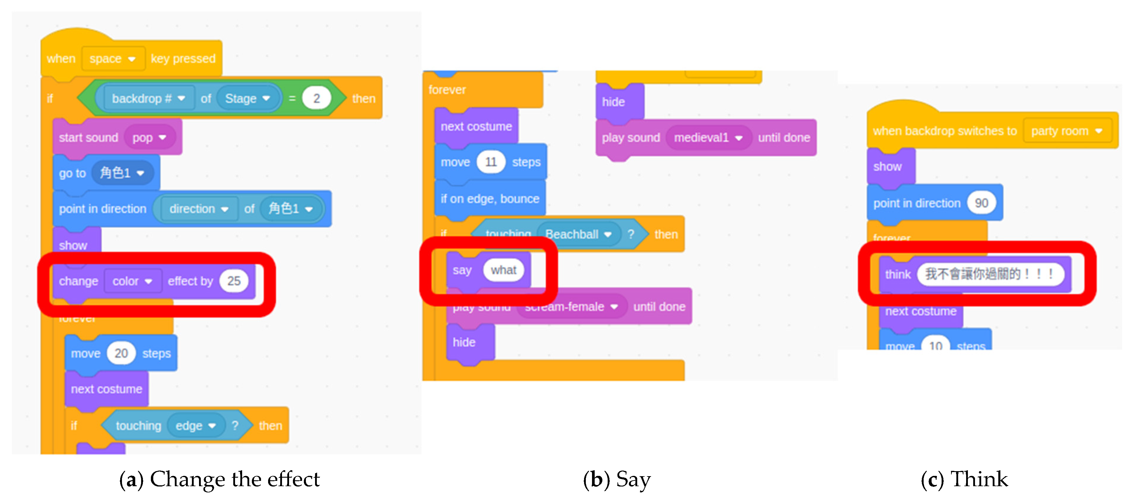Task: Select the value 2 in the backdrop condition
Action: click(x=316, y=99)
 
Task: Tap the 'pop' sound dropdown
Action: click(x=149, y=138)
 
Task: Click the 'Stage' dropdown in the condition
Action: click(x=247, y=99)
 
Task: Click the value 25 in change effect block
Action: click(x=234, y=281)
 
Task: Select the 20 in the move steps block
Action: click(x=121, y=353)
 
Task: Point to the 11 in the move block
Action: click(x=491, y=162)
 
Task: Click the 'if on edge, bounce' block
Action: click(x=490, y=199)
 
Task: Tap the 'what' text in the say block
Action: click(x=504, y=270)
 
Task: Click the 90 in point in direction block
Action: click(x=981, y=203)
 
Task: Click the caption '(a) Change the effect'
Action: click(x=219, y=479)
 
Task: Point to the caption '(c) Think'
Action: click(x=964, y=479)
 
